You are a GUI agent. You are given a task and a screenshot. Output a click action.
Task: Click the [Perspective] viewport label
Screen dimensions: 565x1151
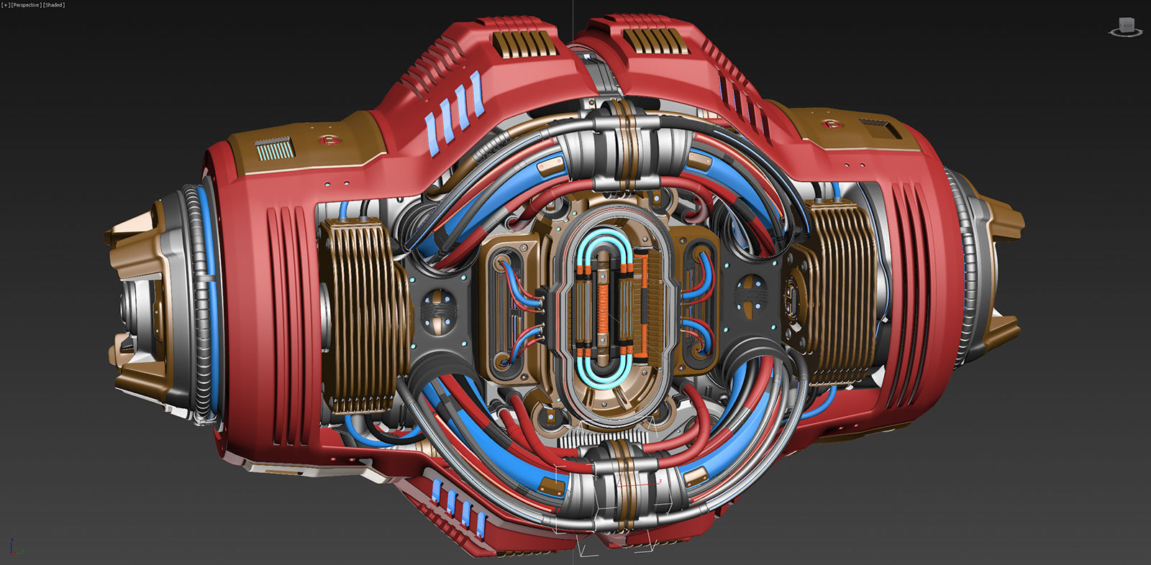pos(26,5)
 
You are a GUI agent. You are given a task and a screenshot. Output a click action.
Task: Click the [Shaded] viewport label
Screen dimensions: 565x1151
pos(54,5)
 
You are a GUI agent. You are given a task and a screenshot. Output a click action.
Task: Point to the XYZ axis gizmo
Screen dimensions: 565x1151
pos(16,548)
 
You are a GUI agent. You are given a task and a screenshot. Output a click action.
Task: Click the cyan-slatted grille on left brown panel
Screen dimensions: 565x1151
pos(274,150)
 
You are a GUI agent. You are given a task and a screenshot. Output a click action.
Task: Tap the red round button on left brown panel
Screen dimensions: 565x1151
pos(328,139)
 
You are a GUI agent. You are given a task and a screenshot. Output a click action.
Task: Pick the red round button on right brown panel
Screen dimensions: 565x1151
pos(834,124)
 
